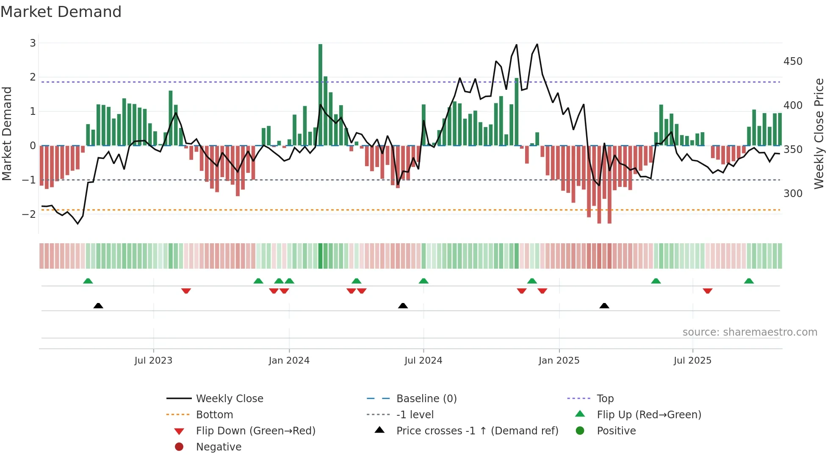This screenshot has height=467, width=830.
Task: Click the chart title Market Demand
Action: click(61, 12)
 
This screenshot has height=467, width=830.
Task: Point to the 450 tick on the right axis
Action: click(793, 61)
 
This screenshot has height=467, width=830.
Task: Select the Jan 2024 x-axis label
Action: click(289, 361)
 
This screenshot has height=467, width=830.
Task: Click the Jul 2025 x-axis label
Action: click(692, 361)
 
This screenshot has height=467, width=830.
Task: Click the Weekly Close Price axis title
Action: click(819, 133)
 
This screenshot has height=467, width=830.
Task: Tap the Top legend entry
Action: click(605, 399)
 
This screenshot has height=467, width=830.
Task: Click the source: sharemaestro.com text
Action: click(750, 332)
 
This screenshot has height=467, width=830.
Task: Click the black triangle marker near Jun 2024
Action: click(403, 306)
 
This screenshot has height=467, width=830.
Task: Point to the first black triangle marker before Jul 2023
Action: click(98, 306)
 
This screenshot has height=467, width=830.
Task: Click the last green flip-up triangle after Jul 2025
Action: click(749, 281)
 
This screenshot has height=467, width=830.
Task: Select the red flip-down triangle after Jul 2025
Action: click(708, 291)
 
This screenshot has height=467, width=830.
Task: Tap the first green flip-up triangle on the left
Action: click(88, 281)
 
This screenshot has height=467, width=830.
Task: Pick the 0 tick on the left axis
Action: click(33, 146)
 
